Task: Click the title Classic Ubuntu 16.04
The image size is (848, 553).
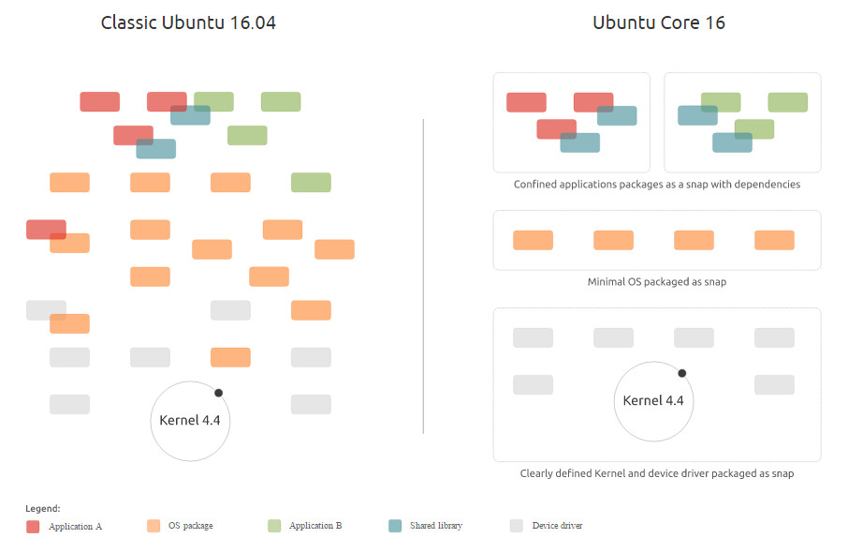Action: (188, 22)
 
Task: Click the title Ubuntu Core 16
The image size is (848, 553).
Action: (658, 22)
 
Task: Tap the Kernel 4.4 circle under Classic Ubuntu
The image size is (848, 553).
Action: (190, 421)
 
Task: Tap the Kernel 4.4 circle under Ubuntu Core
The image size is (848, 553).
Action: (653, 401)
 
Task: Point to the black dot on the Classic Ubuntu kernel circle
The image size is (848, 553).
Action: (218, 393)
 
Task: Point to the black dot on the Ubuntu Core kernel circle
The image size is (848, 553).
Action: (681, 373)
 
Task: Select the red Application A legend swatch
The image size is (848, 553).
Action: (33, 527)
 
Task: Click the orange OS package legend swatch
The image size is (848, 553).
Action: (154, 526)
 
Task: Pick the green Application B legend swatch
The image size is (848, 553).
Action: (274, 526)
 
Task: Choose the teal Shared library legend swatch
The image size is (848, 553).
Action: (395, 526)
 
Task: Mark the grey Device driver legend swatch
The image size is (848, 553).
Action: (516, 526)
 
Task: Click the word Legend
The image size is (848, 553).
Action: (42, 508)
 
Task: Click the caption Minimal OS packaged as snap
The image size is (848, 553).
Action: (656, 281)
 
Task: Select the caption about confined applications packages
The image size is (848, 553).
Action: (656, 185)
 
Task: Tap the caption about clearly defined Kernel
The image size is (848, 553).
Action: (656, 473)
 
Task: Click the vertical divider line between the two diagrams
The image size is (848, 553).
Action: (423, 276)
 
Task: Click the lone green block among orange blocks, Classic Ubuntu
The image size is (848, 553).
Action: (311, 182)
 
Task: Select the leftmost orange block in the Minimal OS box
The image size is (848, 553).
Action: (533, 240)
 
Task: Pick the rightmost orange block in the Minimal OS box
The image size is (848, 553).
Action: (774, 240)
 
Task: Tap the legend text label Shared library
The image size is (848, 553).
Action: (435, 526)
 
